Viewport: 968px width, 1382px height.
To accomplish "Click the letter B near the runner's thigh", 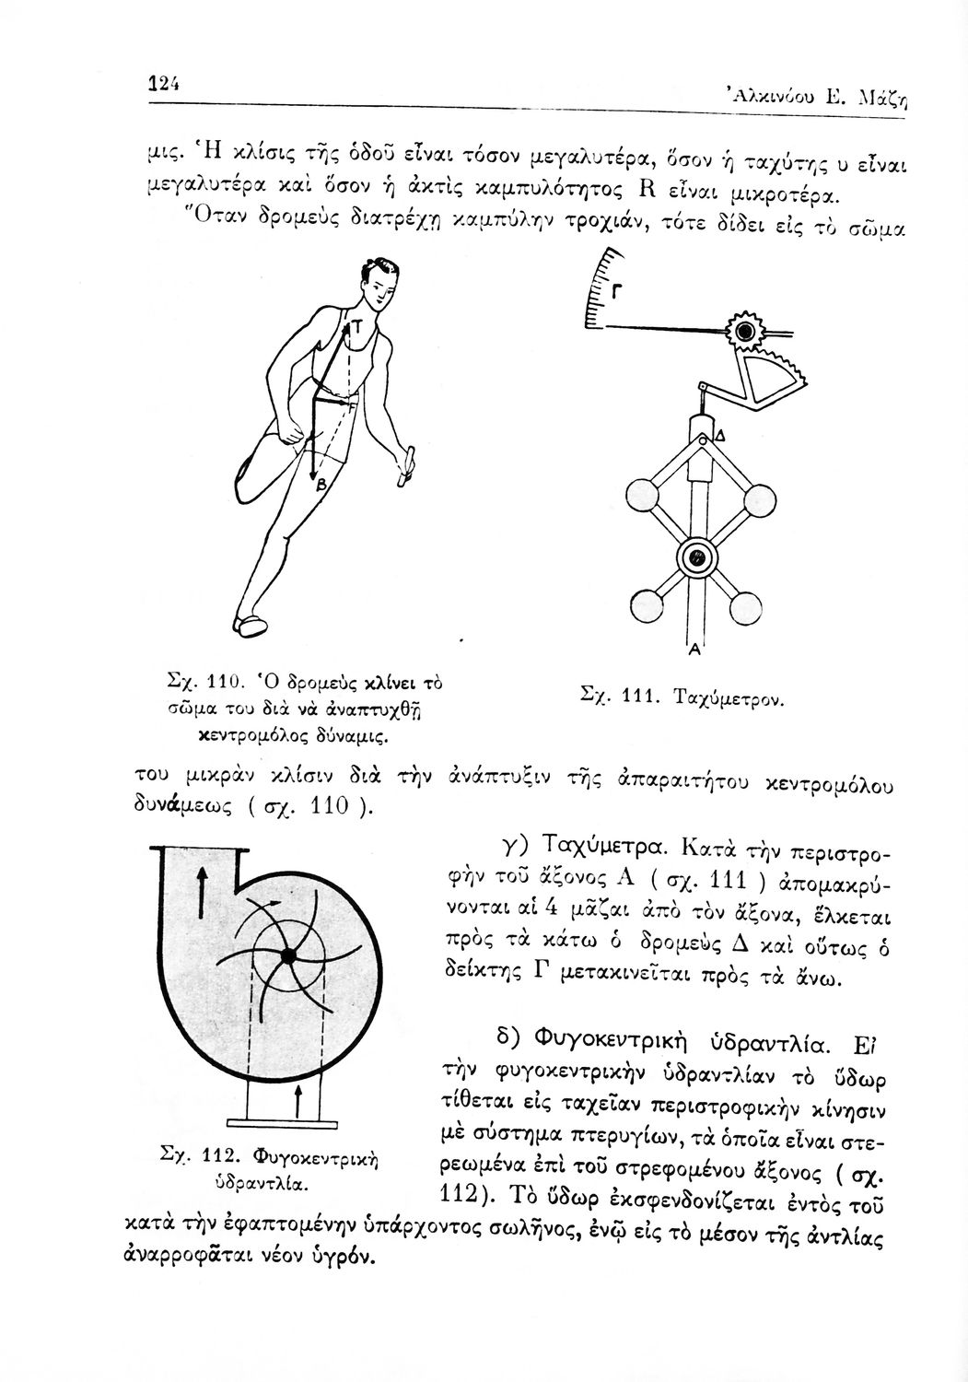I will pyautogui.click(x=321, y=485).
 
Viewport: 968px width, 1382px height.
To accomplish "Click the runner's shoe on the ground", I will pyautogui.click(x=251, y=627).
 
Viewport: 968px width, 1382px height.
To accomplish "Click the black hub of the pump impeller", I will pyautogui.click(x=287, y=957).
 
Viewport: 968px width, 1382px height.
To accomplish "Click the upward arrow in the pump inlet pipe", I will pyautogui.click(x=297, y=1099).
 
